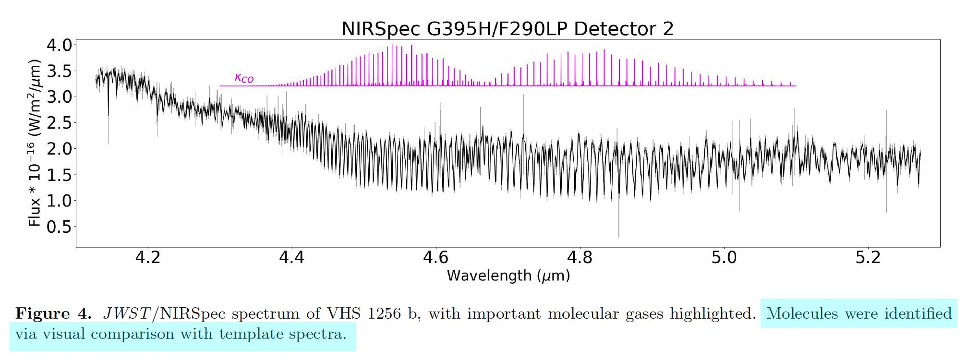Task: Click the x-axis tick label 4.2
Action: (x=148, y=258)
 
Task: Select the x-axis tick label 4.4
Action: (x=292, y=258)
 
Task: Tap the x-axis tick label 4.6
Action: (x=436, y=258)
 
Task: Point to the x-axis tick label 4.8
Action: (x=580, y=258)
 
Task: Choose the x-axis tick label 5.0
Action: (x=724, y=258)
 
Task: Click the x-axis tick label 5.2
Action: (x=868, y=258)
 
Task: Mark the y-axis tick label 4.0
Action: (x=59, y=46)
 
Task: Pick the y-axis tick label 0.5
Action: (x=59, y=227)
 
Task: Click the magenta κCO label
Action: (x=244, y=78)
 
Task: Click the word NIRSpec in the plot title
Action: (x=381, y=29)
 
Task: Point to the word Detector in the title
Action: (x=616, y=29)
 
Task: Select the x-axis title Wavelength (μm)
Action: (x=508, y=276)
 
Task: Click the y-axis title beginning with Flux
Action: (x=35, y=143)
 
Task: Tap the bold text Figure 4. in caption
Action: (x=53, y=314)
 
